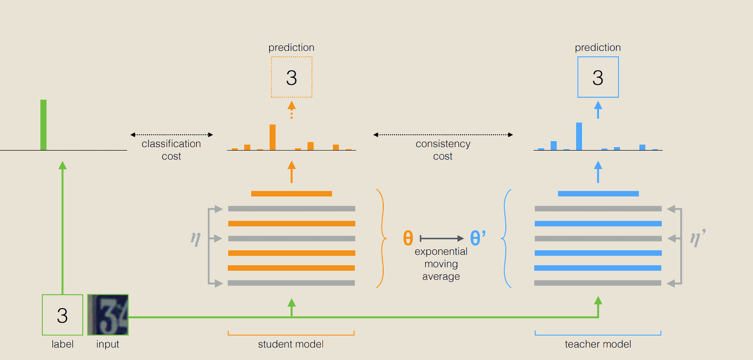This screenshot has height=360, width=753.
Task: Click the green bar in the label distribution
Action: pyautogui.click(x=43, y=125)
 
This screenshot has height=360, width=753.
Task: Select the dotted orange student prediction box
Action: pyautogui.click(x=292, y=77)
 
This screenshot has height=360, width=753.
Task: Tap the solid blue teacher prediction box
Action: pyautogui.click(x=598, y=77)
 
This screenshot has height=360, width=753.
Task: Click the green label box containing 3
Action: pyautogui.click(x=62, y=315)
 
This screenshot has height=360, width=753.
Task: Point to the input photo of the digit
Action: pyautogui.click(x=108, y=315)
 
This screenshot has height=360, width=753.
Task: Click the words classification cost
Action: pyautogui.click(x=171, y=150)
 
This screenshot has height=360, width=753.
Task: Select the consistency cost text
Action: pyautogui.click(x=443, y=150)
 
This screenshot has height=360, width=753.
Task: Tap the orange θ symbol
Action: pyautogui.click(x=408, y=238)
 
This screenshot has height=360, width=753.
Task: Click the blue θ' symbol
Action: pyautogui.click(x=477, y=238)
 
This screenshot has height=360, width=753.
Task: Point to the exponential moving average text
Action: pyautogui.click(x=441, y=264)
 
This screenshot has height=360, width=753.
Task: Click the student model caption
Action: pyautogui.click(x=291, y=344)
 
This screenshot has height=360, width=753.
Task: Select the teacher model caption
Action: pyautogui.click(x=598, y=344)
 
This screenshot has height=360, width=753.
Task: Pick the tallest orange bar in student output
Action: pyautogui.click(x=273, y=137)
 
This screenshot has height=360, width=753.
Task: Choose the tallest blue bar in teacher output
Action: pyautogui.click(x=579, y=136)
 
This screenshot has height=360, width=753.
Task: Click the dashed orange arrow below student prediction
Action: pyautogui.click(x=292, y=110)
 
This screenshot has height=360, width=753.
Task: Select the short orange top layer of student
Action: pyautogui.click(x=292, y=193)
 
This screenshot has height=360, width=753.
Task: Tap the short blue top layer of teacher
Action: pyautogui.click(x=598, y=193)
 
